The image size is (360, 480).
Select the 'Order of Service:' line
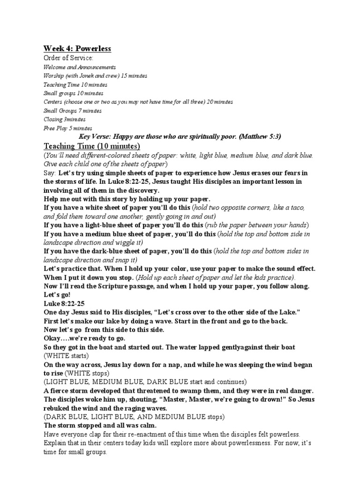point(68,58)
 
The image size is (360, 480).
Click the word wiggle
point(129,242)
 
